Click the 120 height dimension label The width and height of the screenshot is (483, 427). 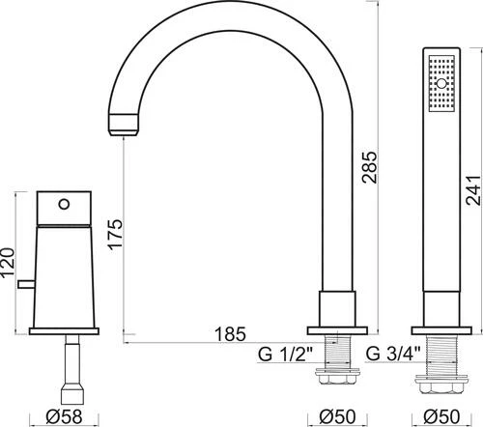click(10, 262)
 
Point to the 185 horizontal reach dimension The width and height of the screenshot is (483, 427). click(226, 335)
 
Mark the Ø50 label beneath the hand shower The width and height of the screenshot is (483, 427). click(444, 416)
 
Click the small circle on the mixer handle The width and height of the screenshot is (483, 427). click(65, 205)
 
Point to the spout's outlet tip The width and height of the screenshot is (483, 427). click(124, 120)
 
